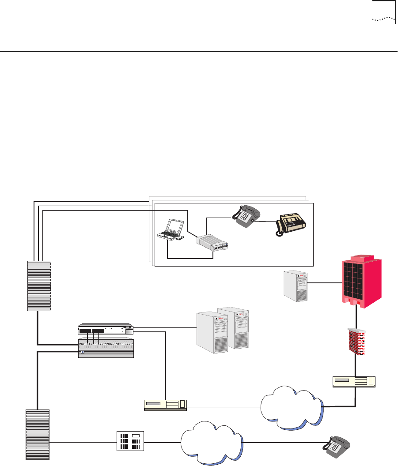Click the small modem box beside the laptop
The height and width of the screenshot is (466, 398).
214,242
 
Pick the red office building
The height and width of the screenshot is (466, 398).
362,281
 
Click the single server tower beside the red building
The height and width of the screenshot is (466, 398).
296,287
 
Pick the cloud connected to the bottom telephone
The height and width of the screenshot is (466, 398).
212,444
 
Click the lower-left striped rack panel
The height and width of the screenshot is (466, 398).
38,434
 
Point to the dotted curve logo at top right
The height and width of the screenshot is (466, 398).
383,19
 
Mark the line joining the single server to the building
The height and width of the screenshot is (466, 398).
326,282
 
